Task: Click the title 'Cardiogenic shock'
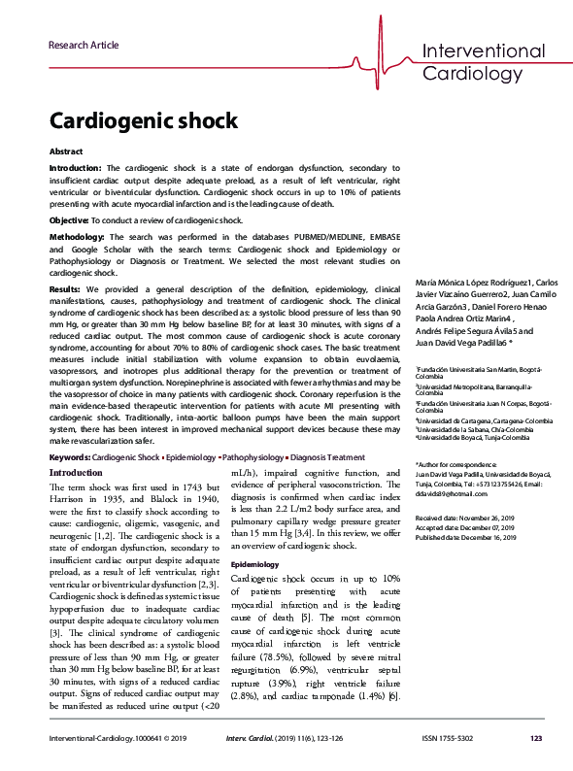pyautogui.click(x=143, y=120)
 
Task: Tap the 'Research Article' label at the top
pyautogui.click(x=84, y=45)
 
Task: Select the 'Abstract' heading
pyautogui.click(x=66, y=152)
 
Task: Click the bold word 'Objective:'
pyautogui.click(x=68, y=221)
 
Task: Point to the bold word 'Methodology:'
pyautogui.click(x=75, y=238)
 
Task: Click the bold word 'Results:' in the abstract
pyautogui.click(x=65, y=289)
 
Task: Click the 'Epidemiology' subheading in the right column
pyautogui.click(x=254, y=563)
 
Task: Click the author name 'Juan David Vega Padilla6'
pyautogui.click(x=461, y=343)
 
